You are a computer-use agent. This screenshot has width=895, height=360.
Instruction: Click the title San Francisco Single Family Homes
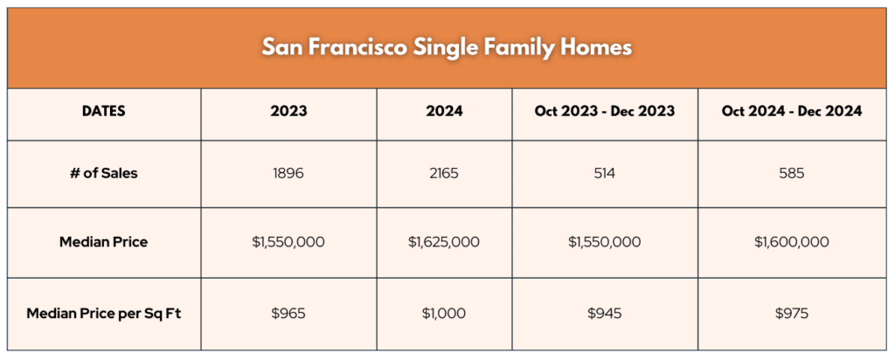pos(447,47)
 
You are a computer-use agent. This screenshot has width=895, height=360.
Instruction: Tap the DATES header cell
pos(104,111)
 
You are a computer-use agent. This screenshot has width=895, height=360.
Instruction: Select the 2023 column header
pos(288,111)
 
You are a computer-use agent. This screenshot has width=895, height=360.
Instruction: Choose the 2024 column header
pos(444,111)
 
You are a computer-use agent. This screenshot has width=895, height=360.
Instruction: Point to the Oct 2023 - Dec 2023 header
pos(605,111)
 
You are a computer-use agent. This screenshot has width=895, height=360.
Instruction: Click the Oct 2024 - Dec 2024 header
pos(792,111)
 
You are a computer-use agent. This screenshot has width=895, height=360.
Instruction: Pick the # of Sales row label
pos(104,173)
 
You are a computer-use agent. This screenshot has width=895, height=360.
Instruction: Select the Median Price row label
pos(104,242)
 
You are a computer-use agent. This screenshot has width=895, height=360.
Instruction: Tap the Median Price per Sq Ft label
pos(104,314)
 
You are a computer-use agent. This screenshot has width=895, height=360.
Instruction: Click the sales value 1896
pos(288,173)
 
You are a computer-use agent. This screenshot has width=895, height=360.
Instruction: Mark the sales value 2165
pos(444,173)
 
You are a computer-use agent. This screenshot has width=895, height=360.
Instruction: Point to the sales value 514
pos(605,173)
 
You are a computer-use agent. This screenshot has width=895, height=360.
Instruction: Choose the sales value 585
pos(792,173)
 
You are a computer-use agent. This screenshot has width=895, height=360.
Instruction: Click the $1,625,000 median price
pos(444,242)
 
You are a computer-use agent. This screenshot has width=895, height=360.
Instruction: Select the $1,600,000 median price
pos(792,242)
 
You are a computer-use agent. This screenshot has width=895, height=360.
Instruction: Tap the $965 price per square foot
pos(288,314)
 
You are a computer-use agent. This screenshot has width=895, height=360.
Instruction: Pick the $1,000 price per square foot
pos(444,314)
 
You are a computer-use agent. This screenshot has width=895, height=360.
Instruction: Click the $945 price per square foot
pos(605,314)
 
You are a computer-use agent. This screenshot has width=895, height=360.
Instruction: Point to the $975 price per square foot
pos(792,314)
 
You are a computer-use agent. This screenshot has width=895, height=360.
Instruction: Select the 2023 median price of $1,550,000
pos(288,242)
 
